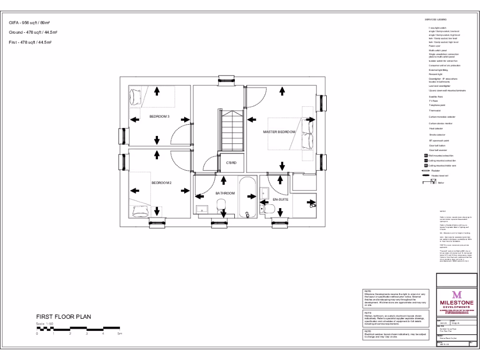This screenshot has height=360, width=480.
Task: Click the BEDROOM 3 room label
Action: click(x=159, y=116)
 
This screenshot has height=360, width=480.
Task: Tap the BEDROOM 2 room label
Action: click(x=161, y=183)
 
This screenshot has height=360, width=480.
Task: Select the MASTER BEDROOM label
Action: click(x=279, y=132)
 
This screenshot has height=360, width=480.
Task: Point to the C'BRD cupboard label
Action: click(x=231, y=163)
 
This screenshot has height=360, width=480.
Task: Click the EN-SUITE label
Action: click(x=280, y=200)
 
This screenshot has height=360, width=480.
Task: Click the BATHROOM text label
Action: click(x=225, y=193)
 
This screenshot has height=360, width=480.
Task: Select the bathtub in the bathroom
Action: click(x=247, y=197)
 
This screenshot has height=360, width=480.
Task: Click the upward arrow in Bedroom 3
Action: click(x=157, y=91)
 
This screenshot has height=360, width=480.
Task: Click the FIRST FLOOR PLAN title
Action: click(x=64, y=317)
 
